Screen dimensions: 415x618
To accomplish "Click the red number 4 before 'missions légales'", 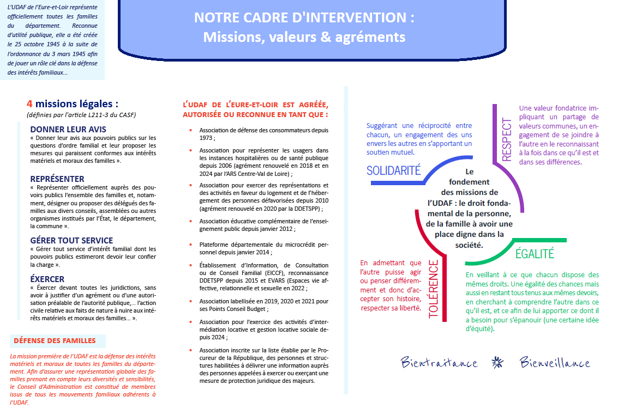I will pyautogui.click(x=30, y=103).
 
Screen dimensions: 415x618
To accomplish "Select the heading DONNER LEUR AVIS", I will pyautogui.click(x=68, y=130).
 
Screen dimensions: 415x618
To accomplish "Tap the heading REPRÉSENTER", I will pyautogui.click(x=57, y=179).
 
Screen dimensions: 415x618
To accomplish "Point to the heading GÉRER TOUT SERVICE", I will pyautogui.click(x=71, y=240).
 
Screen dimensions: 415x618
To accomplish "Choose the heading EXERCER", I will pyautogui.click(x=47, y=279).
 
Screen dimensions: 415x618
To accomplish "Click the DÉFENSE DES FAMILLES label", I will pyautogui.click(x=55, y=341).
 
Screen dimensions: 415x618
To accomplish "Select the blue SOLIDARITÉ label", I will pyautogui.click(x=393, y=170).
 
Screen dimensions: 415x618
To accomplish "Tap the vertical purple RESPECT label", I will pyautogui.click(x=507, y=139).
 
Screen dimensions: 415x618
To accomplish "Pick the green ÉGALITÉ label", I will pyautogui.click(x=535, y=253).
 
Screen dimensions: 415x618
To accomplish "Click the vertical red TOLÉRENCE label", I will pyautogui.click(x=434, y=289).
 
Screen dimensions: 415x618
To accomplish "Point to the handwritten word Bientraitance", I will pyautogui.click(x=439, y=363).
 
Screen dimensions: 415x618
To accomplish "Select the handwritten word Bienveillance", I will pyautogui.click(x=555, y=363).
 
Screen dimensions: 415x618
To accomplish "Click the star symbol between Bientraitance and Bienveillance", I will pyautogui.click(x=497, y=363).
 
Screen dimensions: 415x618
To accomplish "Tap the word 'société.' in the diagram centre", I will pyautogui.click(x=466, y=245).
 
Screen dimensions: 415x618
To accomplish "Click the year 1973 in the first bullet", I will pyautogui.click(x=207, y=138).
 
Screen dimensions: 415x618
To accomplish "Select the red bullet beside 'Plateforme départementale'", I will pyautogui.click(x=190, y=245).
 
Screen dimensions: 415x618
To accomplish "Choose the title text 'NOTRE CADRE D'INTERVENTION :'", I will pyautogui.click(x=304, y=17).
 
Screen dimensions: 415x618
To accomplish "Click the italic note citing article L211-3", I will pyautogui.click(x=81, y=115).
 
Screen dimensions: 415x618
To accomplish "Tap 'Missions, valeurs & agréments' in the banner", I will pyautogui.click(x=304, y=37).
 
